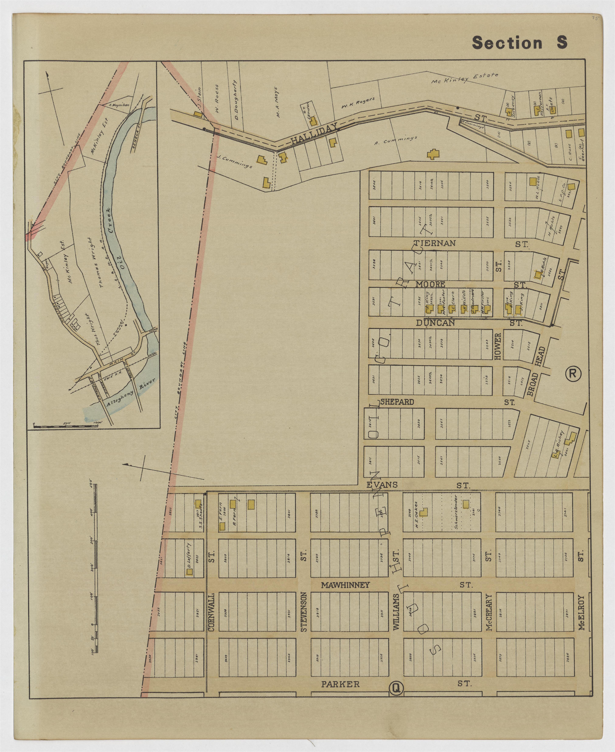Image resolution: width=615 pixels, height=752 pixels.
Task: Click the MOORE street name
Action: tap(430, 284)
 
